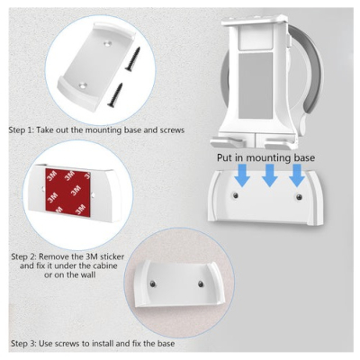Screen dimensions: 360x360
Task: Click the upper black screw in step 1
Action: pyautogui.click(x=132, y=58)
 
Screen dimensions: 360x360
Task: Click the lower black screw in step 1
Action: pyautogui.click(x=114, y=94)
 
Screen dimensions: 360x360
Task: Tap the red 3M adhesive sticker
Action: pyautogui.click(x=67, y=191)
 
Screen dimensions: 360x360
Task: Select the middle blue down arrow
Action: pyautogui.click(x=270, y=175)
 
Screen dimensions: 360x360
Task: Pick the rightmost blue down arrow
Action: pyautogui.click(x=297, y=175)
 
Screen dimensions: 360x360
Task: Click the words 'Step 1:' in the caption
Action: pyautogui.click(x=22, y=130)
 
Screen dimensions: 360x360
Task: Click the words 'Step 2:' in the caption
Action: pyautogui.click(x=24, y=256)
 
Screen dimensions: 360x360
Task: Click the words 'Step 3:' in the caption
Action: pyautogui.click(x=24, y=343)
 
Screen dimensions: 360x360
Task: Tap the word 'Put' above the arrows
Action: pyautogui.click(x=224, y=157)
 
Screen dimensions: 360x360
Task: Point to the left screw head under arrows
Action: pyautogui.click(x=236, y=195)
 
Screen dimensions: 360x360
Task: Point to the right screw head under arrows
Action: pyautogui.click(x=299, y=197)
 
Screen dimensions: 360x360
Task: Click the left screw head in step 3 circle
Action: pyautogui.click(x=153, y=283)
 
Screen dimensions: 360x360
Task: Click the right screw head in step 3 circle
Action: pyautogui.click(x=201, y=283)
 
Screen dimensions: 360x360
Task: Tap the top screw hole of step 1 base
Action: pyautogui.click(x=107, y=43)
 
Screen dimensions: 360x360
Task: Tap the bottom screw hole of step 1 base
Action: pyautogui.click(x=82, y=85)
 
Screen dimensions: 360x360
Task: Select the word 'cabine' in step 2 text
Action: pyautogui.click(x=103, y=265)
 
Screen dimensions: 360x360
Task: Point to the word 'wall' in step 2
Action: pyautogui.click(x=86, y=274)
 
